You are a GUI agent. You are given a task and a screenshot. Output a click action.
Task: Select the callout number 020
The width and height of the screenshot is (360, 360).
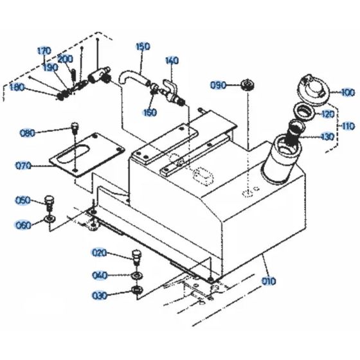pos(99,252)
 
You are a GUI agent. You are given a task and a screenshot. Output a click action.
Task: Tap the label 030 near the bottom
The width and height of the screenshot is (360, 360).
pos(99,296)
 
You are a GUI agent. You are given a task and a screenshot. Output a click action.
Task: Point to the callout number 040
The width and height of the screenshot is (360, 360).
pos(99,275)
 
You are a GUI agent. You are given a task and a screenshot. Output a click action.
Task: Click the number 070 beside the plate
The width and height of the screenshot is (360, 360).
pos(23,165)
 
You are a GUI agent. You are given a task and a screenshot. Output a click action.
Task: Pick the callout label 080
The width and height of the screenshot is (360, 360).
pos(46,134)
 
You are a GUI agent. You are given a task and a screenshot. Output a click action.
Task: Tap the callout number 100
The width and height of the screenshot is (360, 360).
pos(348,93)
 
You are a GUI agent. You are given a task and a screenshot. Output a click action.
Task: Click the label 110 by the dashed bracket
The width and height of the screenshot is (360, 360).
pos(348,126)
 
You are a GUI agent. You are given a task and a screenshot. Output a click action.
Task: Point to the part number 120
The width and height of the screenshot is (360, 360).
pos(328,114)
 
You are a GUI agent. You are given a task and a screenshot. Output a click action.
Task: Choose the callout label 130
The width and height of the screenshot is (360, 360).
pos(328,136)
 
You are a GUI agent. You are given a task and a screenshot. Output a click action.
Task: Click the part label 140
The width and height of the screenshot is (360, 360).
pos(172,61)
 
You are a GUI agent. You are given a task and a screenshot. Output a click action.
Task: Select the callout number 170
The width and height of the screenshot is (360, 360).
pos(44,51)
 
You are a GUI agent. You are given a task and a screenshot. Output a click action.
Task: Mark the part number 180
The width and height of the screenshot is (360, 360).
pos(19,87)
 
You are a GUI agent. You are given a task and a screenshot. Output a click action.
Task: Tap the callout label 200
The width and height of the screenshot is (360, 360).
pos(65,59)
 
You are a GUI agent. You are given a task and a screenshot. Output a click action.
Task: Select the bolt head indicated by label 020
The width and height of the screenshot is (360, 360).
pos(136,253)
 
